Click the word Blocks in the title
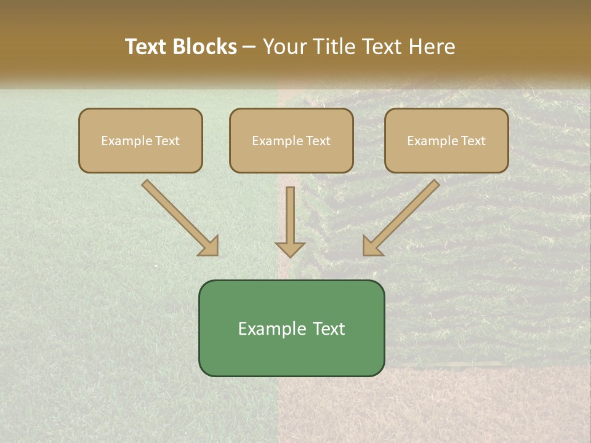[206, 47]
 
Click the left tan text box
[140, 140]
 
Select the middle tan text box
[291, 140]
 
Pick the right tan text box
[446, 140]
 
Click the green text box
[291, 328]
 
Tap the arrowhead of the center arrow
[290, 249]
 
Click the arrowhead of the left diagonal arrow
[209, 246]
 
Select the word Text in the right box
[473, 141]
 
